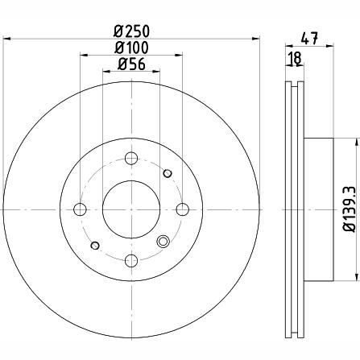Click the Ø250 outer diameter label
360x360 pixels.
point(131,31)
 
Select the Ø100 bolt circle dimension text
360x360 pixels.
point(131,49)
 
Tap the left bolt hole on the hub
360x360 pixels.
point(80,209)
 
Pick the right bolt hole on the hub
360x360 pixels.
point(183,209)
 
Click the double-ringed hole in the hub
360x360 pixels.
point(165,241)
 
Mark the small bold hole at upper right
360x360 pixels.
point(168,173)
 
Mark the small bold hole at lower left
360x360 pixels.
point(95,245)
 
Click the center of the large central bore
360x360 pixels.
point(131,209)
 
